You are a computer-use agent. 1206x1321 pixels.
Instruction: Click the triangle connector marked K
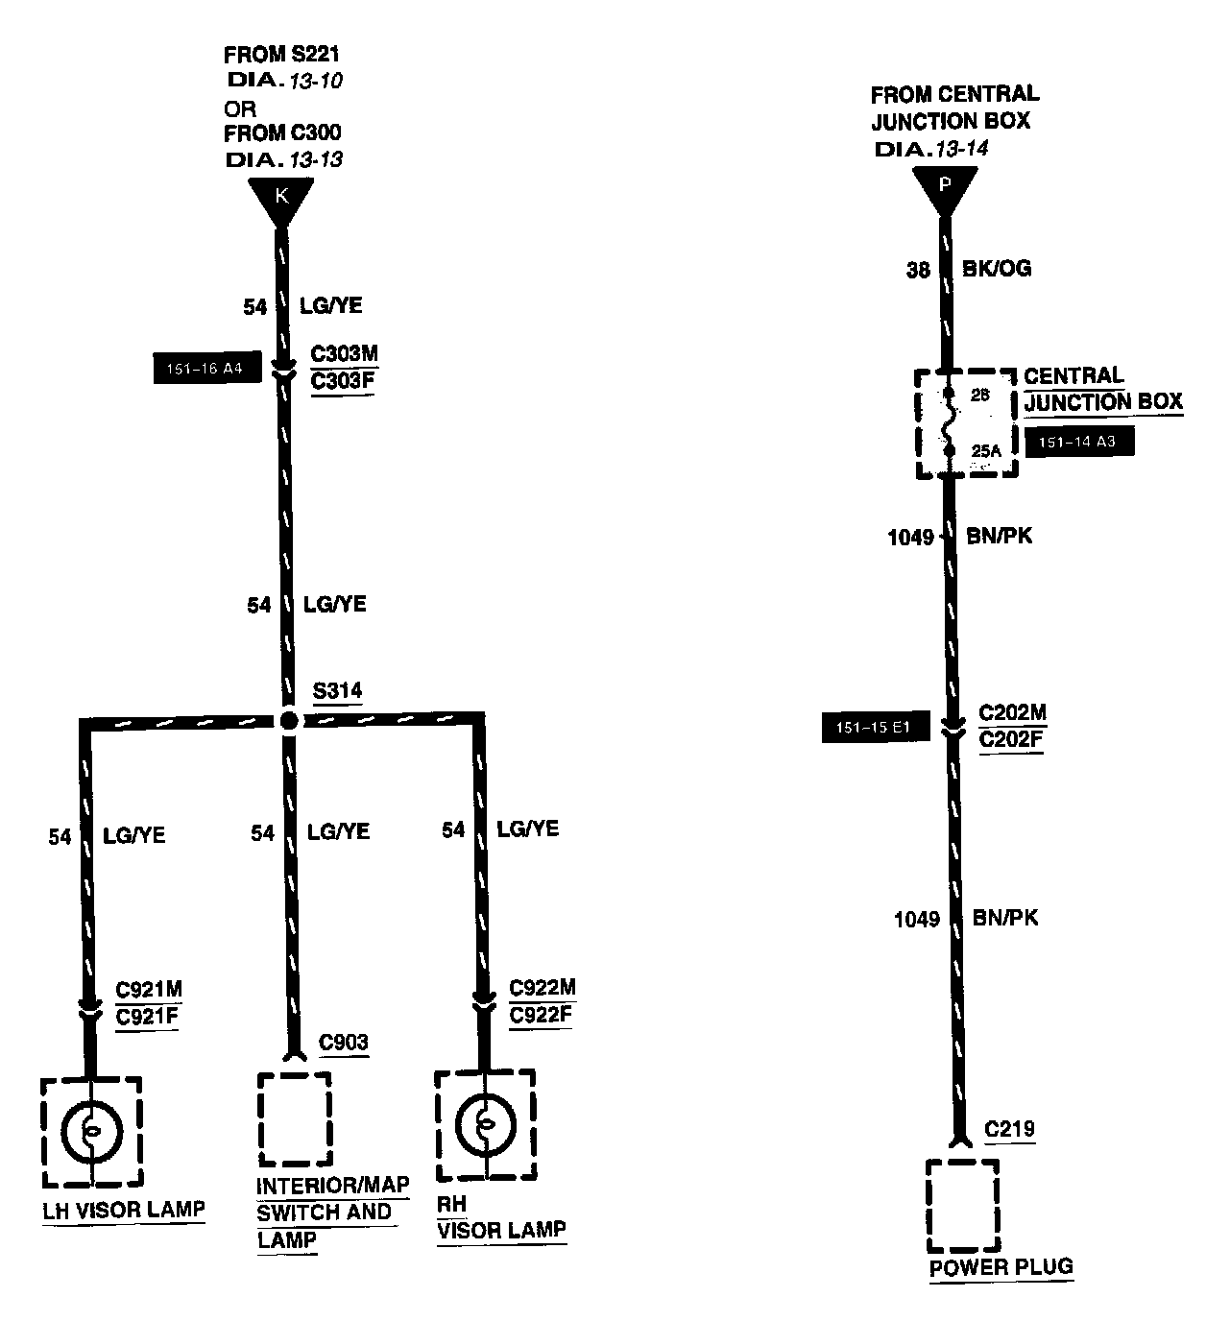(x=280, y=199)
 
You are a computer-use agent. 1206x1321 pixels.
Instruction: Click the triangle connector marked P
(x=944, y=186)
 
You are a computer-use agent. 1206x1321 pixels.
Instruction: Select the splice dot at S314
(x=289, y=721)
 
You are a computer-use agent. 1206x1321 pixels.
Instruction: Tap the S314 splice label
(x=337, y=691)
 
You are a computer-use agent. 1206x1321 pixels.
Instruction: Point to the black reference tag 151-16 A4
(x=206, y=369)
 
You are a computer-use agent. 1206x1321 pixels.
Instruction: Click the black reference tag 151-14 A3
(x=1079, y=442)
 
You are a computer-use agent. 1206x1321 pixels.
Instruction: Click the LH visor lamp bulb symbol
(x=91, y=1131)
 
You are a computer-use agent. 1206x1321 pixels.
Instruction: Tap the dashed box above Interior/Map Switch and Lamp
(x=294, y=1118)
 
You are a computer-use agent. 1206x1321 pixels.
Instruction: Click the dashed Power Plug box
(x=962, y=1206)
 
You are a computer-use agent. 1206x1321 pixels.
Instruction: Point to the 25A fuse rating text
(x=985, y=450)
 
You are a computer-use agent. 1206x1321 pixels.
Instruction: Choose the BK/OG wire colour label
(x=997, y=269)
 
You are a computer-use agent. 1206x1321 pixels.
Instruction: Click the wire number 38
(x=918, y=271)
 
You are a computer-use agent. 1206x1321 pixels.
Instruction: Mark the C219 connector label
(x=1010, y=1129)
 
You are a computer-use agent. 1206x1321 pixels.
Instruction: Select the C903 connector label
(x=343, y=1043)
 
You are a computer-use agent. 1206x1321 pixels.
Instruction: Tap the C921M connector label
(x=149, y=990)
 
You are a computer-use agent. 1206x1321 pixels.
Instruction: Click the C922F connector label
(x=541, y=1015)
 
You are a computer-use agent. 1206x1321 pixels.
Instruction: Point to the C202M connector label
(x=1012, y=714)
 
